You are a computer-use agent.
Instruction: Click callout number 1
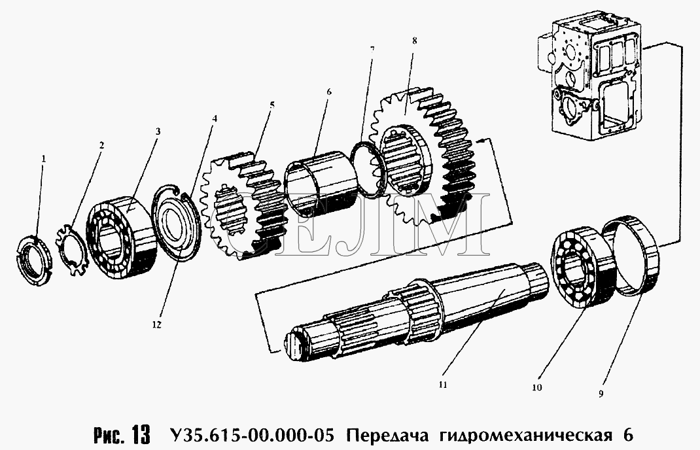44,158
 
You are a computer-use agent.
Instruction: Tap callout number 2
102,145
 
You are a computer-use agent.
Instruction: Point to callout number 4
215,119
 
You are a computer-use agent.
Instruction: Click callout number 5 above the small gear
272,105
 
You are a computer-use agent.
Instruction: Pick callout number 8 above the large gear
415,41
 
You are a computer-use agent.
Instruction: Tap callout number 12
156,325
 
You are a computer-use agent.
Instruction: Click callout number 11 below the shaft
442,385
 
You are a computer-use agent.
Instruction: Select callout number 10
537,387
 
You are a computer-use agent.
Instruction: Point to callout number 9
601,393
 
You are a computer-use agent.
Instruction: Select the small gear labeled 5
243,205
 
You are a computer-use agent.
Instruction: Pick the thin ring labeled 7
367,169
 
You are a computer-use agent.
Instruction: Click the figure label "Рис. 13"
122,434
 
